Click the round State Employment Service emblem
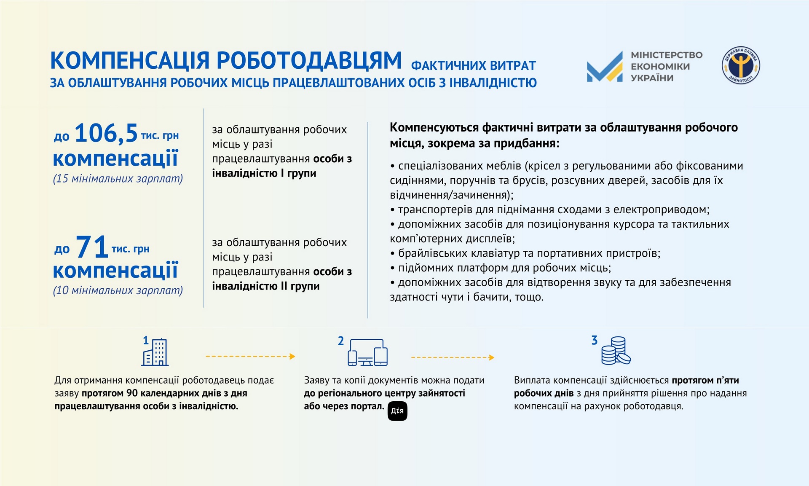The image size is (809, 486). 741,65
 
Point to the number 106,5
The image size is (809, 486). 106,133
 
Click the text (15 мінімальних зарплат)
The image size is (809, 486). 118,179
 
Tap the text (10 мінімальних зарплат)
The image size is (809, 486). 118,290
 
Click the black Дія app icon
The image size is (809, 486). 397,411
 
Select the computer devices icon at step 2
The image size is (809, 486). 368,352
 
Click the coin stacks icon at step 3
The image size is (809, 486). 615,351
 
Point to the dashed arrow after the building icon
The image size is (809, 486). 250,357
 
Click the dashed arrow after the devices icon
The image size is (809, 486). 453,357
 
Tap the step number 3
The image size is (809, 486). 595,340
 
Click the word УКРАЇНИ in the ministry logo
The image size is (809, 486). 652,78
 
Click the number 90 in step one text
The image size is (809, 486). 132,393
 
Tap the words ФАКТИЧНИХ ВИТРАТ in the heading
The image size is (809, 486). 474,66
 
